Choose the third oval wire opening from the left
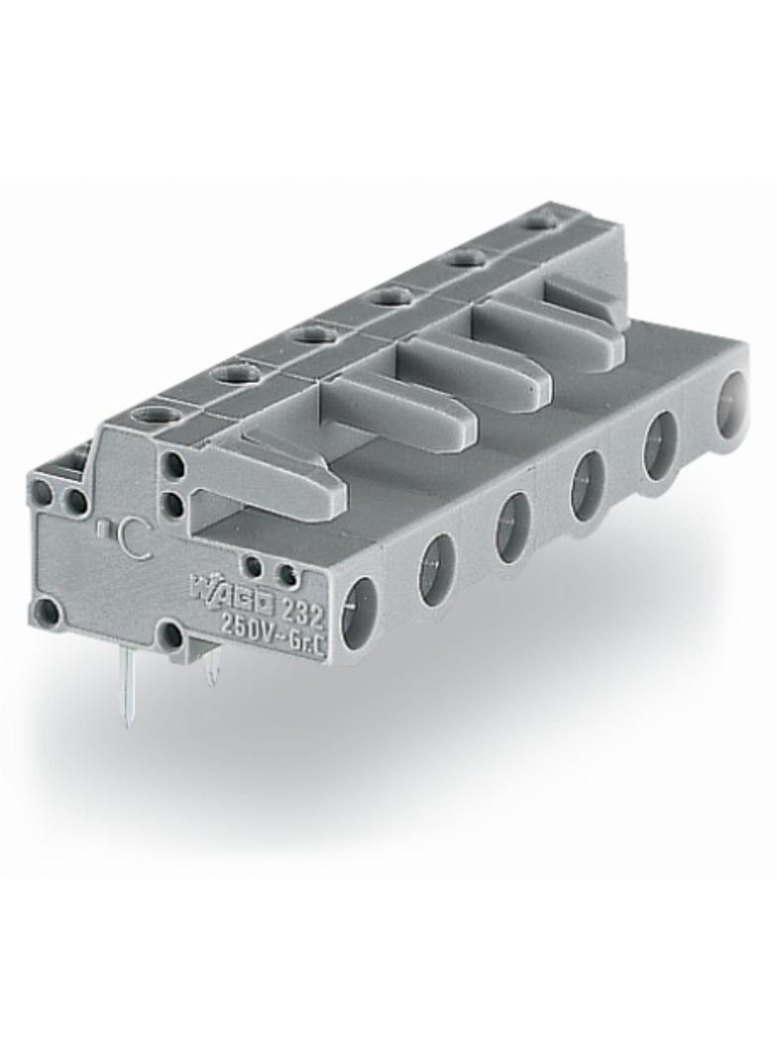point(512,527)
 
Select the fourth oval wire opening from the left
point(588,485)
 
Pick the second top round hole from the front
point(235,374)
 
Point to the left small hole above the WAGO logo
point(255,566)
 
